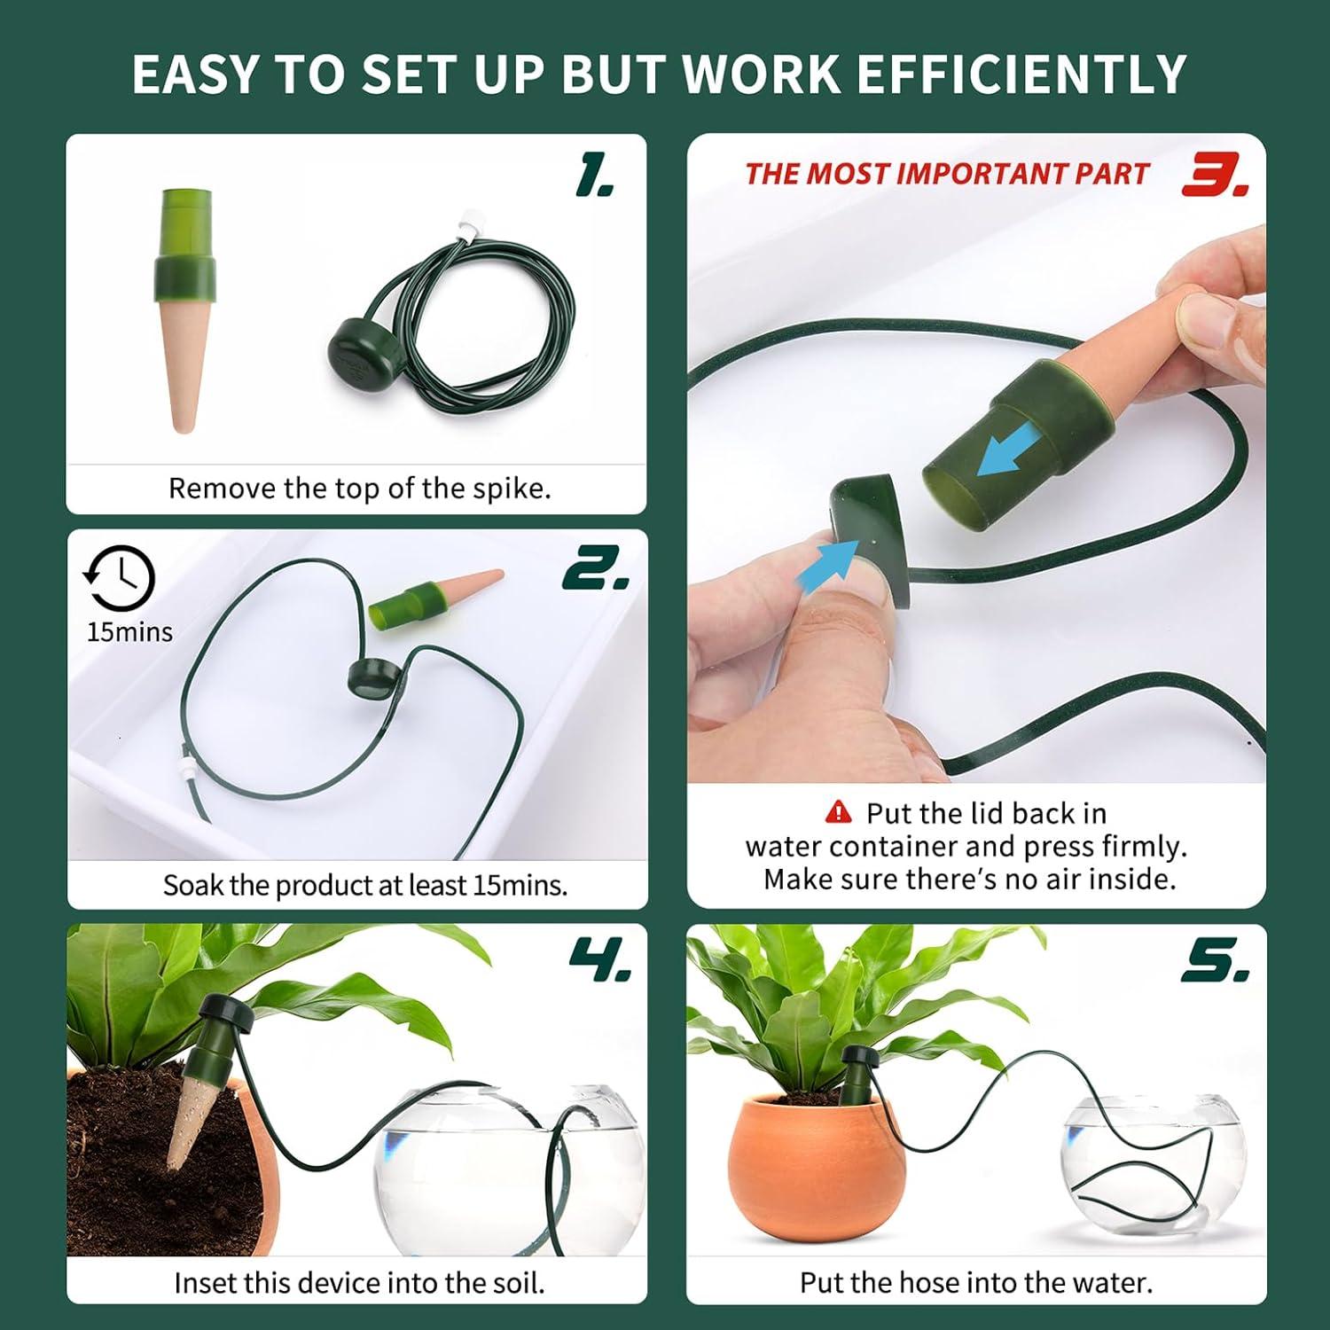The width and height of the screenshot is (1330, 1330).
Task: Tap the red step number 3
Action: [x=1214, y=176]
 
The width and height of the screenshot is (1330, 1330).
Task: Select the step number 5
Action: [x=1214, y=962]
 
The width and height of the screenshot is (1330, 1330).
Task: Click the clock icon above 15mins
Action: [x=120, y=579]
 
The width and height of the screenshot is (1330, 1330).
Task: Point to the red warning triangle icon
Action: [x=838, y=812]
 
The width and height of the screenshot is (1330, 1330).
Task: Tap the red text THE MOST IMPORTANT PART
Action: [x=946, y=174]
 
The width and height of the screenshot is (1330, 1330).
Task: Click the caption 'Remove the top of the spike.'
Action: [x=359, y=489]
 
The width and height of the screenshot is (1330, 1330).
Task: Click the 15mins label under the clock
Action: [x=129, y=632]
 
